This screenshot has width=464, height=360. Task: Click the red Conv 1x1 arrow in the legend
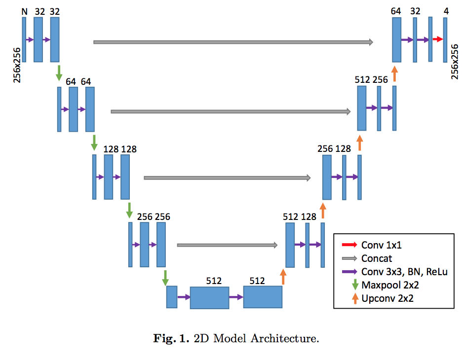tap(349, 245)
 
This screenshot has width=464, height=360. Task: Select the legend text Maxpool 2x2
tap(390, 285)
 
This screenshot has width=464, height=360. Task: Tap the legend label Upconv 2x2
tap(387, 298)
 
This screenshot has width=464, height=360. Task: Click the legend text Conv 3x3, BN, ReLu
tap(404, 272)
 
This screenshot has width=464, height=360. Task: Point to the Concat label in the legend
tap(377, 258)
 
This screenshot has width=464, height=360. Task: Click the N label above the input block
tap(24, 11)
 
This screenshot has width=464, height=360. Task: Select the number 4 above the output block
tap(446, 11)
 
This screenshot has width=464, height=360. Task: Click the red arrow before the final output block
tap(438, 39)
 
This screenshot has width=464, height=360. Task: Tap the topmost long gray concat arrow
tap(233, 42)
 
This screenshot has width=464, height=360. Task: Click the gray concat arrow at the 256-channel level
tap(227, 245)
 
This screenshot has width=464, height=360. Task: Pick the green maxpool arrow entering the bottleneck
tap(165, 278)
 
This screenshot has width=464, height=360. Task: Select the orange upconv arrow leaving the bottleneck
tap(283, 277)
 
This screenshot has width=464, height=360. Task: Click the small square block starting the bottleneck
tap(172, 297)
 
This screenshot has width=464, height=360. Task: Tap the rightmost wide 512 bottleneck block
tap(263, 297)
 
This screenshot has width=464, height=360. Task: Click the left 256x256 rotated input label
tap(17, 65)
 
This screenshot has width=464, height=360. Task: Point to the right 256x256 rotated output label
tap(455, 62)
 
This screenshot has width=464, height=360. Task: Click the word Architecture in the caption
tap(285, 338)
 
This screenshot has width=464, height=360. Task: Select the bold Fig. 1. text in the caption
tap(171, 338)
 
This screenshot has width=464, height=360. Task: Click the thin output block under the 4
tap(445, 40)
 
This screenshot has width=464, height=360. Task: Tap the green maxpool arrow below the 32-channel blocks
tap(59, 72)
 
